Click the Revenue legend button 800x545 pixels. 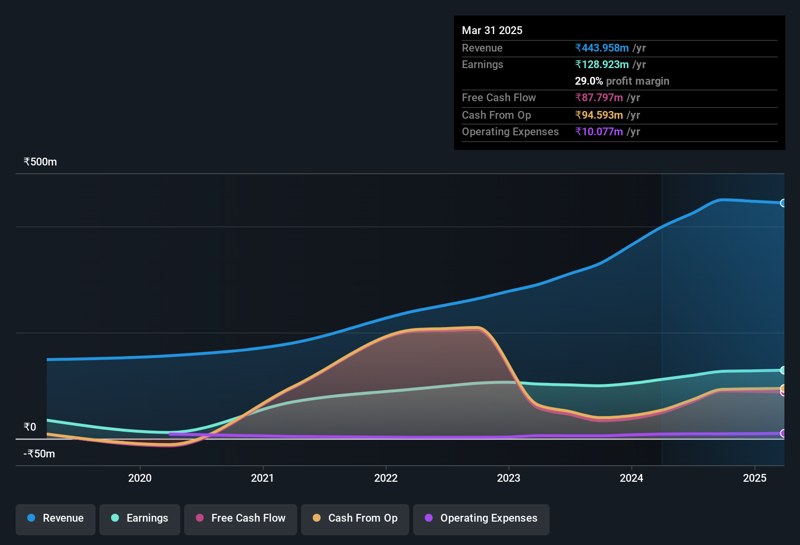(x=56, y=519)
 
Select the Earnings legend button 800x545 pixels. (x=140, y=519)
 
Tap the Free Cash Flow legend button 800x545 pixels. (x=241, y=519)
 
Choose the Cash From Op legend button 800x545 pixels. (x=355, y=519)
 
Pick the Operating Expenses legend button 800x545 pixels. (x=481, y=519)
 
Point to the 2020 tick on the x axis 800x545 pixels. (x=140, y=478)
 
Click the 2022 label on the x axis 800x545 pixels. (x=386, y=478)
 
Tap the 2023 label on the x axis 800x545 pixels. (x=509, y=478)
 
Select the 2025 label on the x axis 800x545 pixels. (x=755, y=478)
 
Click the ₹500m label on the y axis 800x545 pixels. (x=40, y=162)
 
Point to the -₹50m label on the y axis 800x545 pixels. (x=39, y=454)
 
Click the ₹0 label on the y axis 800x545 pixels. (x=30, y=427)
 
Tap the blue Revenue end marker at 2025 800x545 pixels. (x=783, y=203)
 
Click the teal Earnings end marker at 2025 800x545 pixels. (x=783, y=370)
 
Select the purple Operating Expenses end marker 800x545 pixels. (x=783, y=433)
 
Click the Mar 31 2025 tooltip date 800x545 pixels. (x=492, y=30)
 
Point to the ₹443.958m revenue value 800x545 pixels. (x=602, y=48)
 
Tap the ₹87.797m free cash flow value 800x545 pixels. (x=599, y=98)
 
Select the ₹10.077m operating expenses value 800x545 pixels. (x=599, y=132)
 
